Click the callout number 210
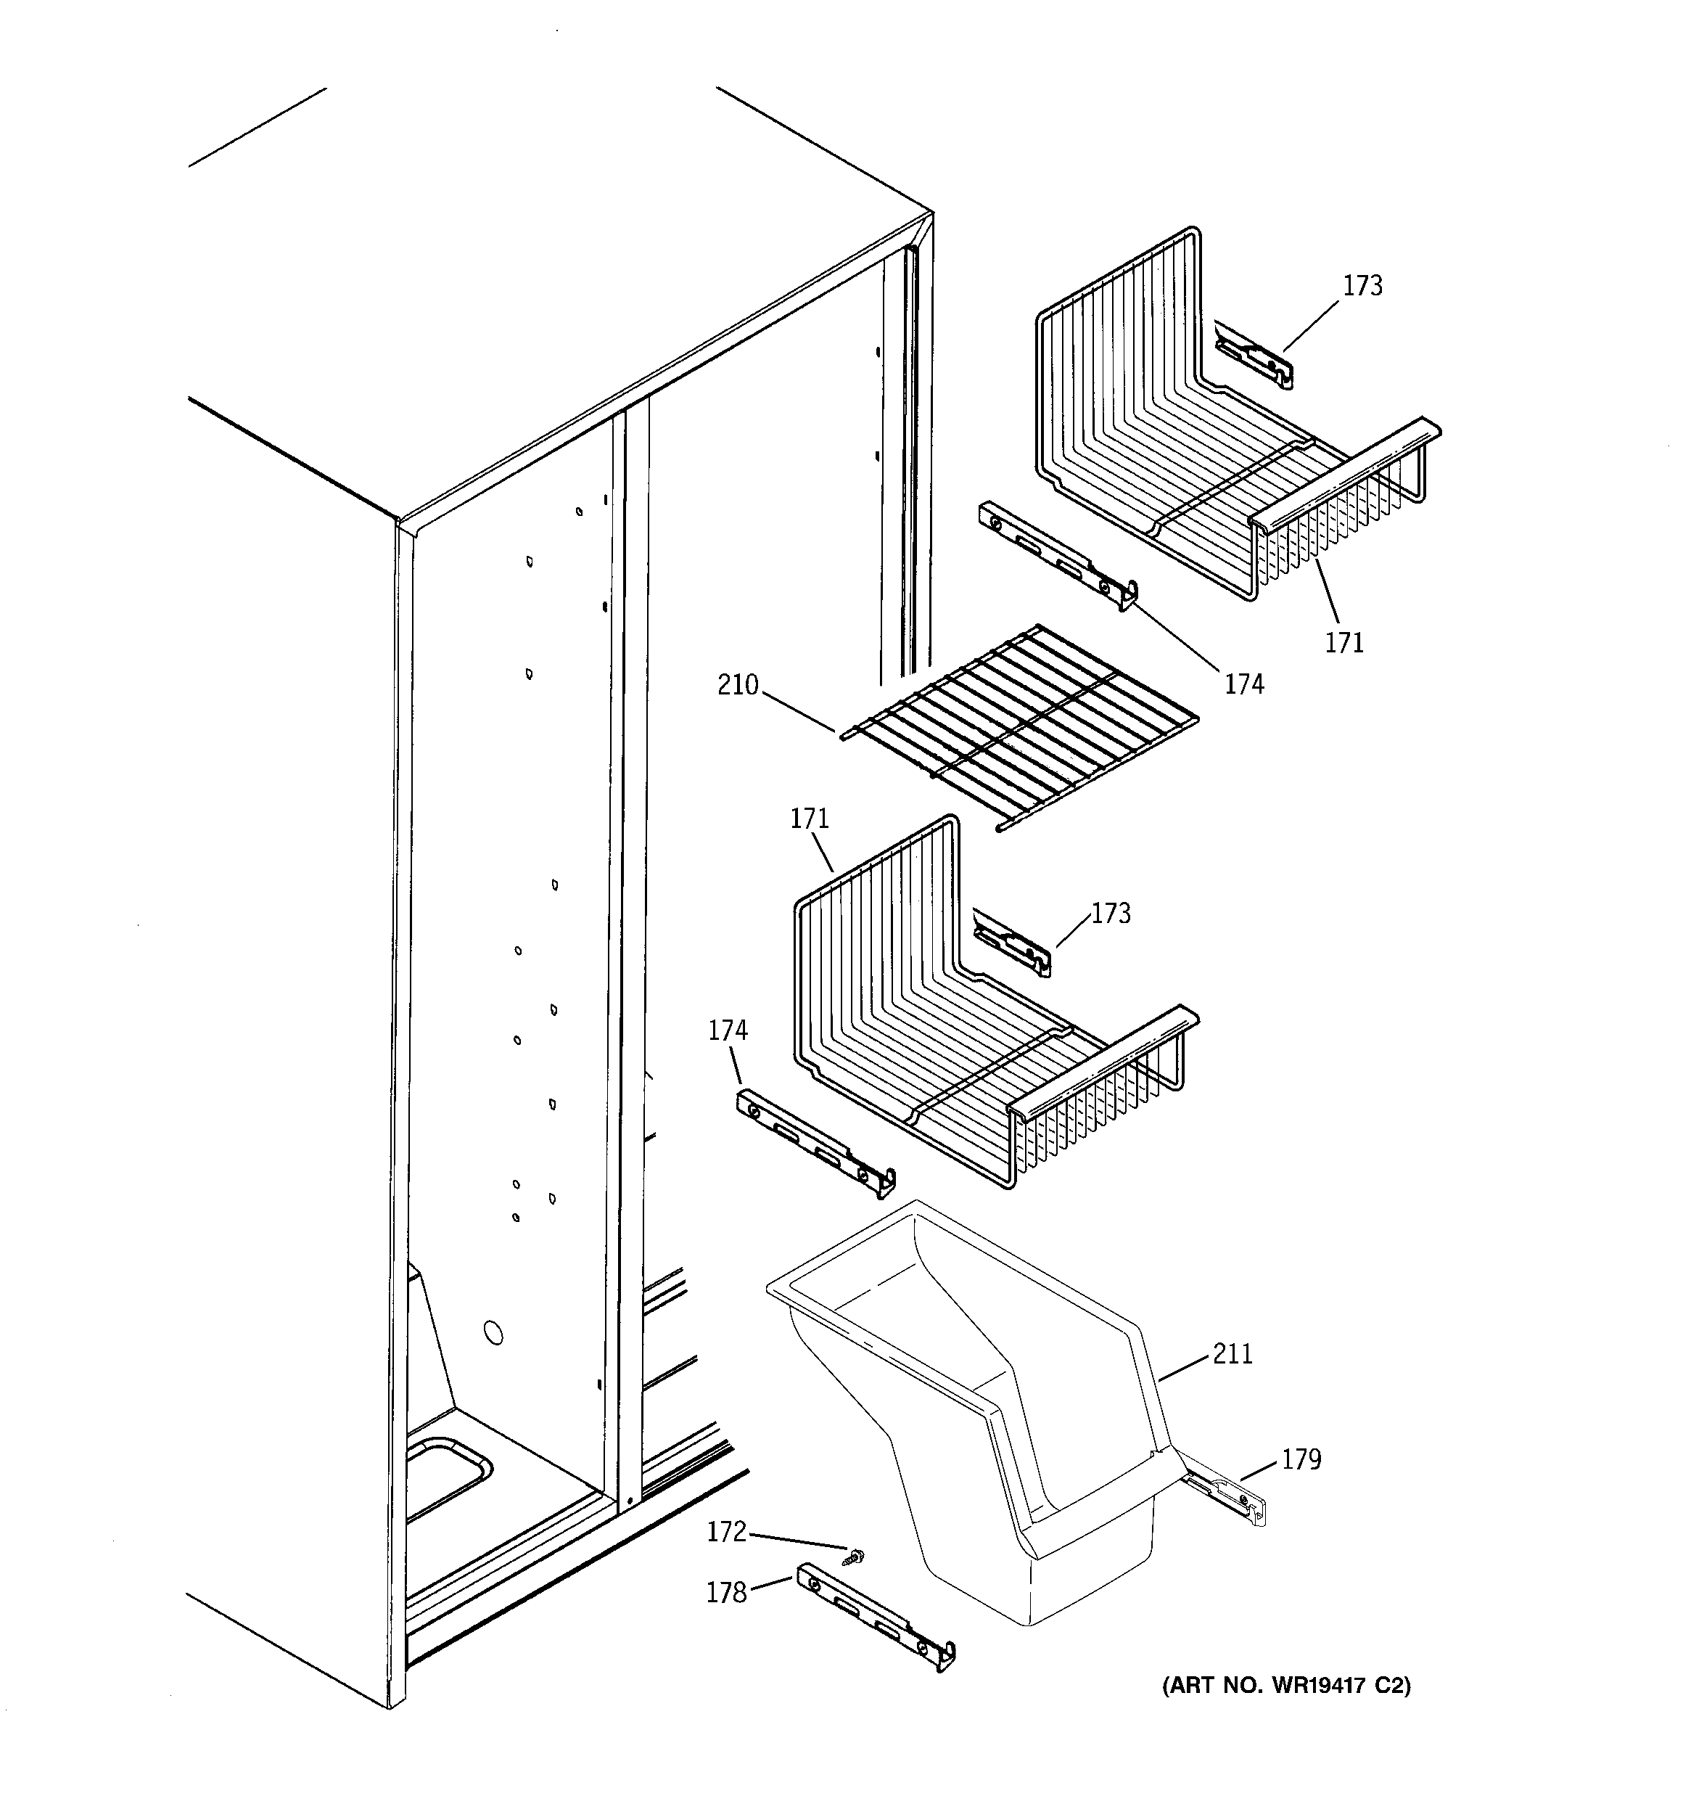[737, 686]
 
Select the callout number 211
[1233, 1354]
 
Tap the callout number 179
[1301, 1459]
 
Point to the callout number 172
[726, 1531]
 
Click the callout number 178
[726, 1592]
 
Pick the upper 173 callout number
[1362, 285]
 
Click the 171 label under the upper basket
[1344, 642]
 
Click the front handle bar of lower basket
[1104, 1059]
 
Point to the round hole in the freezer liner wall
[493, 1332]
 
